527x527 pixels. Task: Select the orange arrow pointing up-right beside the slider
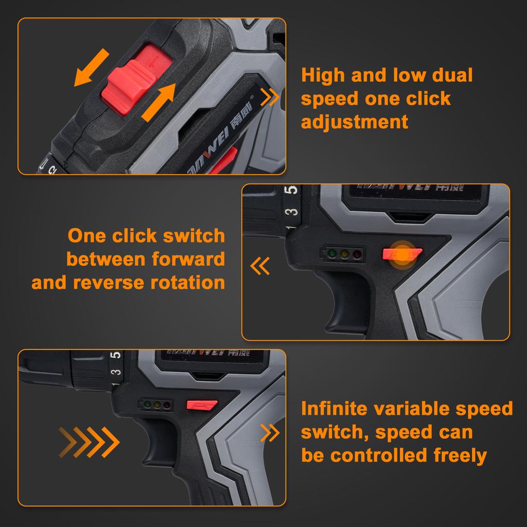(x=159, y=102)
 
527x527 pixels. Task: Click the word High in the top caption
(x=323, y=75)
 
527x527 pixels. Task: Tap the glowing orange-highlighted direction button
(x=402, y=254)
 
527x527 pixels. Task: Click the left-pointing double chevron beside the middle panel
(x=260, y=266)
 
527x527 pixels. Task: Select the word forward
(x=188, y=259)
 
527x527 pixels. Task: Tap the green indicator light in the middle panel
(x=332, y=253)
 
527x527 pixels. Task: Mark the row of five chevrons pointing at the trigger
(x=89, y=442)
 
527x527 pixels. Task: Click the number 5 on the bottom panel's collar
(x=117, y=355)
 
